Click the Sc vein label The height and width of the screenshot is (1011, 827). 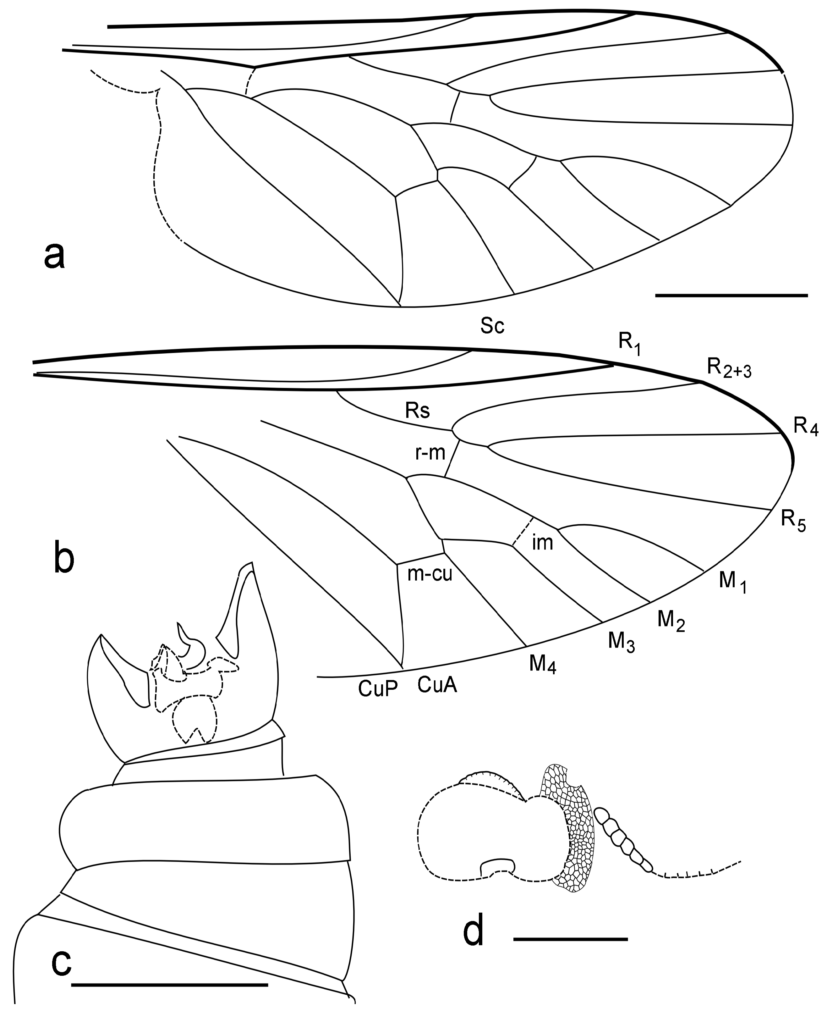tap(492, 327)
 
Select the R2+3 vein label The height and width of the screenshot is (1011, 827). tap(729, 368)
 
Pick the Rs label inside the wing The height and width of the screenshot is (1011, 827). tap(417, 411)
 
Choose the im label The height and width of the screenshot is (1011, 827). tap(542, 543)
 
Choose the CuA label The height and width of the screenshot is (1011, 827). tap(437, 685)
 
